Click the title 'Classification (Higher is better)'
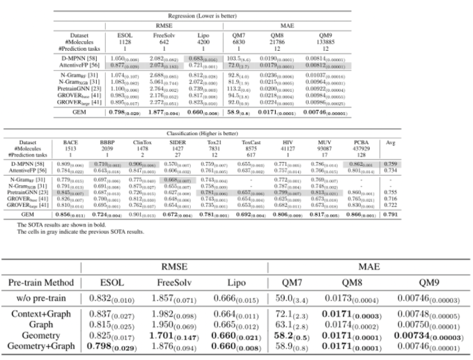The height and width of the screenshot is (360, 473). click(x=235, y=132)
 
